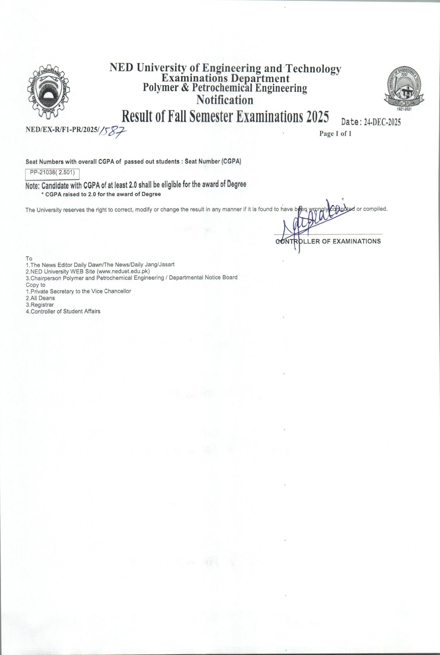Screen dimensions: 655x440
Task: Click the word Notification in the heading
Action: tap(225, 100)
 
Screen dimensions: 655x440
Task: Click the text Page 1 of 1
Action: tap(335, 134)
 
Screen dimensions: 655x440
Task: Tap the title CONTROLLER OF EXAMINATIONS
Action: tap(328, 241)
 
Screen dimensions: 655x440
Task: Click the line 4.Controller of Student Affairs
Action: tap(63, 311)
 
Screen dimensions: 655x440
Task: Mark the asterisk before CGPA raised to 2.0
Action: tap(42, 195)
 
